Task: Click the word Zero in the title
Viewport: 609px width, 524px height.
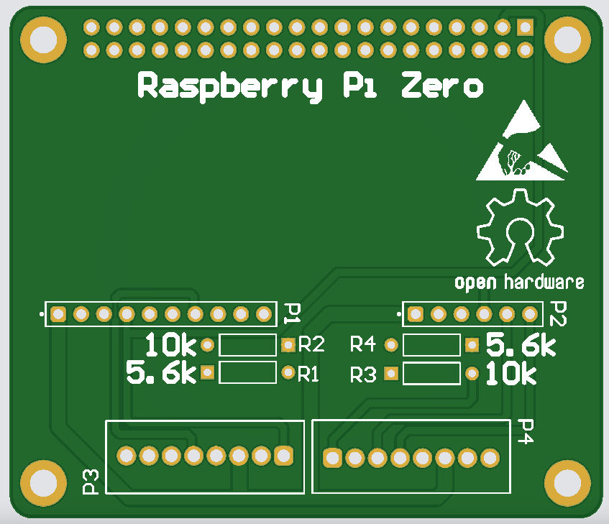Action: (441, 86)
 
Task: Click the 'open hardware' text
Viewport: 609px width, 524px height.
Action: (519, 281)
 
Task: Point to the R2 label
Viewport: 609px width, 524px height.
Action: (311, 345)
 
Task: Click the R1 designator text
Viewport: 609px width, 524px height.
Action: (309, 374)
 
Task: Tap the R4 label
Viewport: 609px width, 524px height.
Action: (362, 345)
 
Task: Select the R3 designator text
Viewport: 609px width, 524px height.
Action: (363, 374)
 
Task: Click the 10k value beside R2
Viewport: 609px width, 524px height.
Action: (170, 346)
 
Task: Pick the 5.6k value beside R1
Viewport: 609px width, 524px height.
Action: (160, 373)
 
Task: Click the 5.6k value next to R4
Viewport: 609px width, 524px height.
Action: (521, 346)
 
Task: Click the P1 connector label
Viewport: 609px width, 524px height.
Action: (292, 313)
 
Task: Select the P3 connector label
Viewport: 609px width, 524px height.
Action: (91, 482)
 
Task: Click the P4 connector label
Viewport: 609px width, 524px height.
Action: (526, 431)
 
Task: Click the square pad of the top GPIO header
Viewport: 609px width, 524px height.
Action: (525, 27)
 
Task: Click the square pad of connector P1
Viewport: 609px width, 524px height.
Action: (58, 314)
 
